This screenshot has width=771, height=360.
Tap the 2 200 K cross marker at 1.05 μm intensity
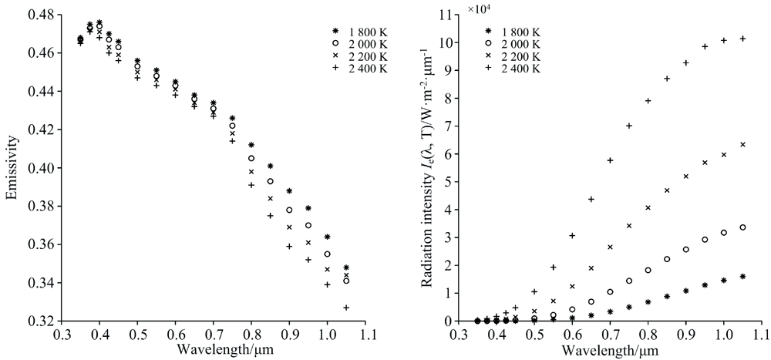coord(742,145)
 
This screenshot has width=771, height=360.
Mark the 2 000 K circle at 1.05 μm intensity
coord(742,227)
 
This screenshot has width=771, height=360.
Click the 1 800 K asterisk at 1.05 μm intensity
coord(742,276)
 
